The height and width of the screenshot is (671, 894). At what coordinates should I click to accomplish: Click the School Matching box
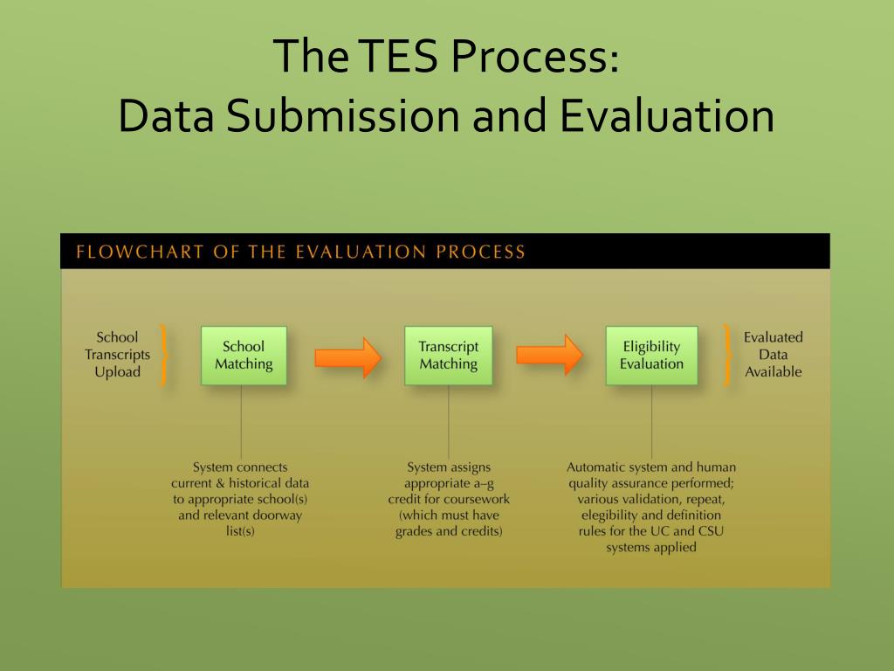click(244, 356)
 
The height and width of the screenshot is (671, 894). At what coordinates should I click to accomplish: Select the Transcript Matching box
click(448, 356)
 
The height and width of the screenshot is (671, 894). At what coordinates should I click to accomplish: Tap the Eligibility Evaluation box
click(651, 356)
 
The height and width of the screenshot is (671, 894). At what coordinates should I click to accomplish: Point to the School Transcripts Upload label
click(117, 354)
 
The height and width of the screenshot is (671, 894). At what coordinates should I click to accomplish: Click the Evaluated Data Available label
click(773, 354)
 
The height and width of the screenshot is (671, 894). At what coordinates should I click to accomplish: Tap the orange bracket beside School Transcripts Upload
click(162, 355)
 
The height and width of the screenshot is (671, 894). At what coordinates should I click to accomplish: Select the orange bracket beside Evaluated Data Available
click(726, 355)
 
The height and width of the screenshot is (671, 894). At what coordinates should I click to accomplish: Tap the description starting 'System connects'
click(240, 499)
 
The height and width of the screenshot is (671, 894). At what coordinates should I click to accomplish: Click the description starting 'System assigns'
click(449, 499)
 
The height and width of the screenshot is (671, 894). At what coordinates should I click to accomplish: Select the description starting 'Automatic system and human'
click(651, 507)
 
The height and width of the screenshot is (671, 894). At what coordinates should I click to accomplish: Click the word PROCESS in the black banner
click(481, 252)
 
